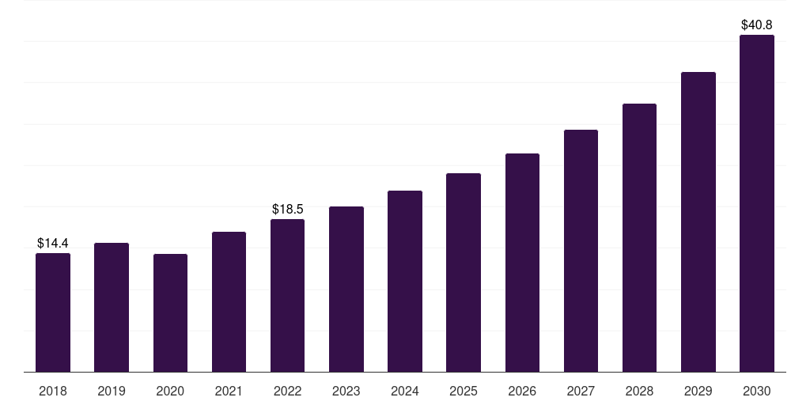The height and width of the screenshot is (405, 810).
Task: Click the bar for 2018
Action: [53, 312]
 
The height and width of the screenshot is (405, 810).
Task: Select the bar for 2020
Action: [171, 313]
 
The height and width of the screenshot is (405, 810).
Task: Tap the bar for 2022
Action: [287, 296]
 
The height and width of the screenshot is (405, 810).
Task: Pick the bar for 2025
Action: [464, 273]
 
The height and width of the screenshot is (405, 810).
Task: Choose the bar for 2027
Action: [581, 251]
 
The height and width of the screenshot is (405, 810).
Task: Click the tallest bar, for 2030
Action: [757, 203]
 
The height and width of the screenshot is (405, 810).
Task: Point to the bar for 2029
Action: [698, 222]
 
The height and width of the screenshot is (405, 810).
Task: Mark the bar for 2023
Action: [346, 290]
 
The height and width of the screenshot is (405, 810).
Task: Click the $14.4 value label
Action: [53, 244]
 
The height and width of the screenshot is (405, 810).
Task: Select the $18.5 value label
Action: [288, 209]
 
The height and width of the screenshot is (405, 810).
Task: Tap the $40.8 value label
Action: [757, 25]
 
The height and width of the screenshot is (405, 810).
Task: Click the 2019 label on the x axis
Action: [112, 391]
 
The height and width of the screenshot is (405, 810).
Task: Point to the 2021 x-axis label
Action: [229, 391]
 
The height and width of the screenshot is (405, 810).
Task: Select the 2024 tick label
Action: [405, 391]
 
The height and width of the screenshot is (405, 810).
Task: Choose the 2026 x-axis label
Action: [522, 391]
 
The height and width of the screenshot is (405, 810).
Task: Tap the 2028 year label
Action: [639, 391]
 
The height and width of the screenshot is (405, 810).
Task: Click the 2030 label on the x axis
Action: [757, 391]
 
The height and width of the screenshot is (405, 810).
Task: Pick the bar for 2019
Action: [112, 308]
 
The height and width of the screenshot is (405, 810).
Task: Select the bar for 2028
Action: [639, 237]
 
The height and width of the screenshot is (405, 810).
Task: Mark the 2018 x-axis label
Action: [53, 391]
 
